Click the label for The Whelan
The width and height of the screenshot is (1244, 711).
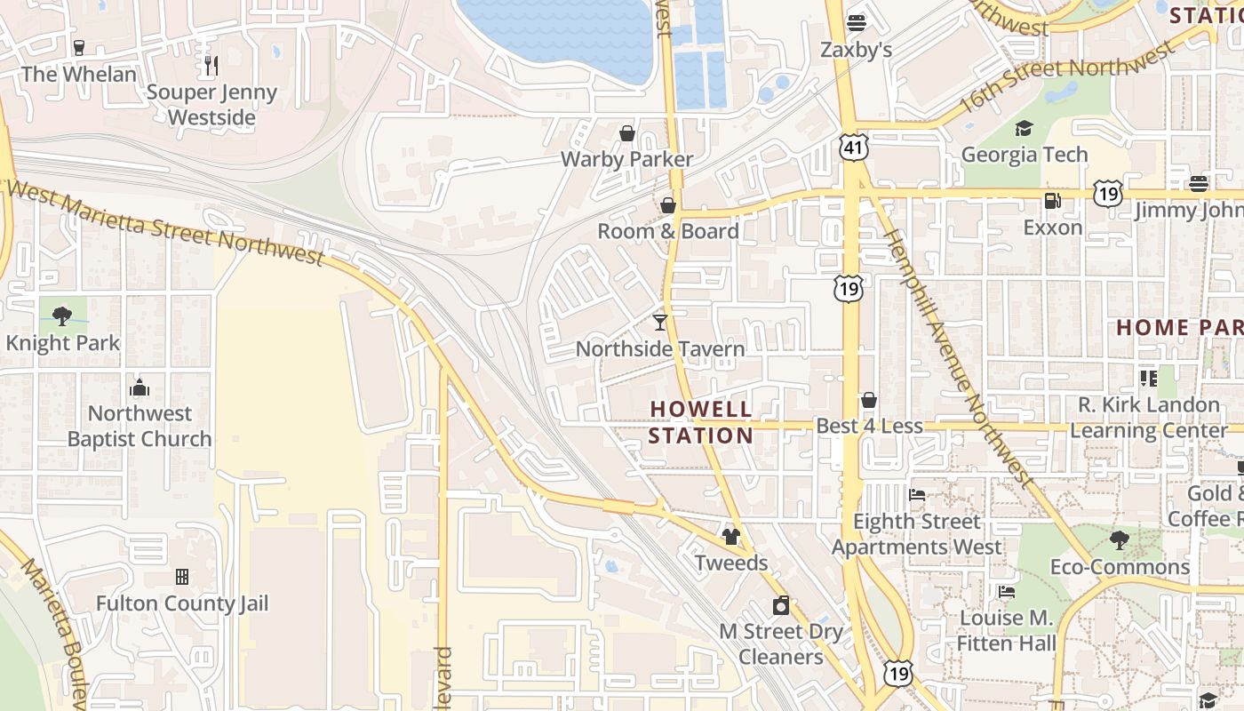click(79, 74)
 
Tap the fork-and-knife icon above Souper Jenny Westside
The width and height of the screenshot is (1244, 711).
click(211, 66)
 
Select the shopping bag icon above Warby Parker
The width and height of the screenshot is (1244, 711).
click(627, 133)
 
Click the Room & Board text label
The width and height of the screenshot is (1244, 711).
click(667, 231)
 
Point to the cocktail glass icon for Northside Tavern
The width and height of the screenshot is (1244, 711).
click(660, 322)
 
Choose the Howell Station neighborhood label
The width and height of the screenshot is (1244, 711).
click(700, 422)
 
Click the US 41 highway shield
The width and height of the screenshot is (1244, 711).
click(854, 148)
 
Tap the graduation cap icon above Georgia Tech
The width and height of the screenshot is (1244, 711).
click(1025, 129)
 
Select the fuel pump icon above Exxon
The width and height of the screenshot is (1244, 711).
click(1053, 201)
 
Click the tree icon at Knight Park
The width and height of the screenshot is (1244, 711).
click(62, 316)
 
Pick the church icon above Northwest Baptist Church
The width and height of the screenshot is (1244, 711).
click(140, 387)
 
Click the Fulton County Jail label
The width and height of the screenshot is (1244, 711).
click(182, 603)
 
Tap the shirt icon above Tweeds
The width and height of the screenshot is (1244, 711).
click(731, 536)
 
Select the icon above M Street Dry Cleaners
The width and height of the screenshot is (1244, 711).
click(781, 605)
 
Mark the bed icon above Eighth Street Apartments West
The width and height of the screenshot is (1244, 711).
click(917, 494)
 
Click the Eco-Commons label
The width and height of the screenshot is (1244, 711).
click(1120, 567)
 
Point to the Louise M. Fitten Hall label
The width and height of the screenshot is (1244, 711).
click(1006, 630)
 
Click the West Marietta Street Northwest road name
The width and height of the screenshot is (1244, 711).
click(164, 223)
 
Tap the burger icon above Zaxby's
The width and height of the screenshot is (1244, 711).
click(857, 22)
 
